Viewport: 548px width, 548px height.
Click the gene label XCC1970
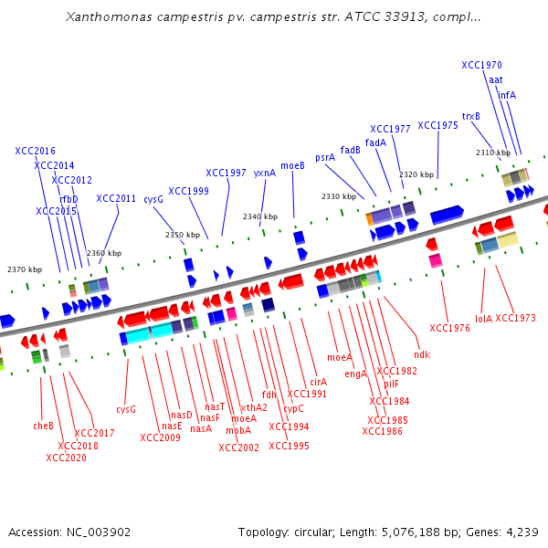[481, 66]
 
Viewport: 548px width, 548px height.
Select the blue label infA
[507, 95]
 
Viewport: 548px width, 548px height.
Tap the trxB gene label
[470, 116]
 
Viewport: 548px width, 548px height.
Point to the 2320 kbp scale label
[416, 174]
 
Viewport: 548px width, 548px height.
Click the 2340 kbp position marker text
[260, 216]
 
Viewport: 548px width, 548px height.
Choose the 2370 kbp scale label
[25, 269]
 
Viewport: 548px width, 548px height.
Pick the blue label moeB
[292, 165]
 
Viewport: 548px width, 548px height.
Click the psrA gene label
[325, 157]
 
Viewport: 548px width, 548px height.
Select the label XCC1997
[226, 173]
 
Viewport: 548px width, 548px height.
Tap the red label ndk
[421, 353]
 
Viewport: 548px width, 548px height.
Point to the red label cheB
[43, 426]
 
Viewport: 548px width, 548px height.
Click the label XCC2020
[67, 458]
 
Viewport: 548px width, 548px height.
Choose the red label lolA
[483, 319]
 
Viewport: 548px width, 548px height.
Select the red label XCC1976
[449, 328]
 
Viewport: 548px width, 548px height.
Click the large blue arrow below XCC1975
[447, 215]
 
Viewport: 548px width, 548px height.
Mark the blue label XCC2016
[35, 151]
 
